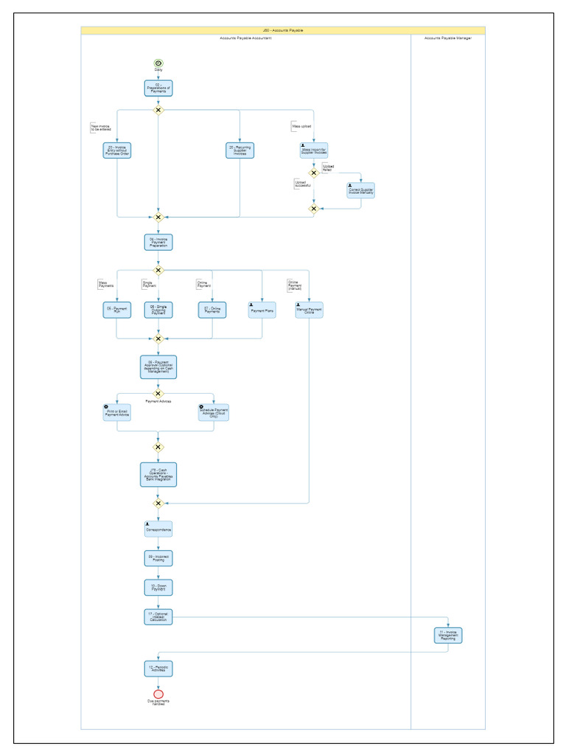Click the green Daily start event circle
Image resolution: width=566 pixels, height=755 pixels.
tap(158, 63)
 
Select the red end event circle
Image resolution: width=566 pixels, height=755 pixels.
tap(158, 694)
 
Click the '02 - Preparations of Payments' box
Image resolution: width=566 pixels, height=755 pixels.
tap(158, 88)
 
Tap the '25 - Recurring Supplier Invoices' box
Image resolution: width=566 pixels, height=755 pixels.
tap(240, 150)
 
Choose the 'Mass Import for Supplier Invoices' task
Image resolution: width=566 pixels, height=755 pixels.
tap(313, 150)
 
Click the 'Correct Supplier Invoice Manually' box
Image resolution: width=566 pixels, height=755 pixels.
tap(360, 190)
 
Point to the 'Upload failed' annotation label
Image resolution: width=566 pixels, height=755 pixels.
tap(329, 168)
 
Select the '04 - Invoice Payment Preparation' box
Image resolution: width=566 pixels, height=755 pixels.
tap(158, 242)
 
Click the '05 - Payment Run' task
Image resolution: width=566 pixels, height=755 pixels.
tap(116, 310)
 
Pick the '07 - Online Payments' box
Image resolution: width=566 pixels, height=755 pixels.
tap(212, 310)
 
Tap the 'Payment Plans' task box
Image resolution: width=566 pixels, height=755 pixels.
tap(262, 310)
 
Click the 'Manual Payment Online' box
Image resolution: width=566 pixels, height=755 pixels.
tap(309, 310)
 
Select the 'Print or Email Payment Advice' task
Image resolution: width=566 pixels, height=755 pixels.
tap(116, 412)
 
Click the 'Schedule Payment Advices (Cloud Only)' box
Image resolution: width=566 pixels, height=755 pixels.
tap(213, 412)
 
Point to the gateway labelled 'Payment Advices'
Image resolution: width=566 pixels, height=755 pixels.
tap(158, 394)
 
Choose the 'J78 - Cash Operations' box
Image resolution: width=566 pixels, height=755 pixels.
tap(158, 474)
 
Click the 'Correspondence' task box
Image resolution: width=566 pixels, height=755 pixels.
tap(158, 529)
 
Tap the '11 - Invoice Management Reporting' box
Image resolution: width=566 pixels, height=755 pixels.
tap(448, 635)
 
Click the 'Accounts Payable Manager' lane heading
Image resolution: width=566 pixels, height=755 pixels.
tap(447, 38)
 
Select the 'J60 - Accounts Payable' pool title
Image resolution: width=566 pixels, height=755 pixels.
tap(283, 30)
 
